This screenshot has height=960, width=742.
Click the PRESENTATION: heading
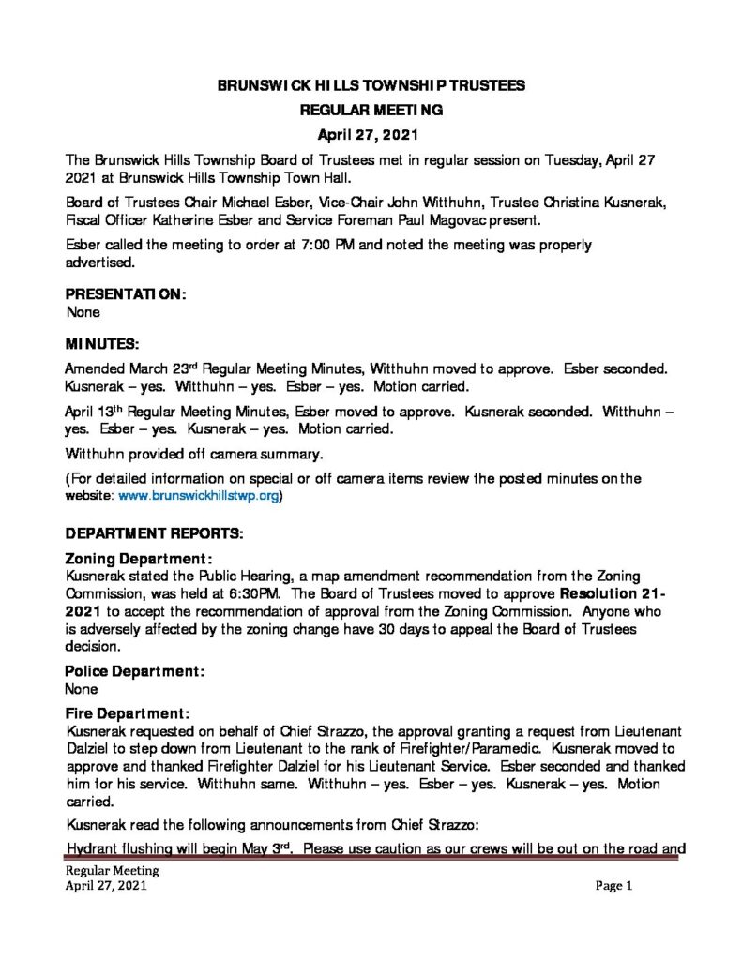pyautogui.click(x=126, y=294)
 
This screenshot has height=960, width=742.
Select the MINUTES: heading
pyautogui.click(x=102, y=346)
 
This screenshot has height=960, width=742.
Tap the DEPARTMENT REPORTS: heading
pyautogui.click(x=154, y=533)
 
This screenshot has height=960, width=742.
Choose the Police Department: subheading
pyautogui.click(x=134, y=671)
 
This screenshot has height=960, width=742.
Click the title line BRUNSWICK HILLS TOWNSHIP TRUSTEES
pyautogui.click(x=371, y=85)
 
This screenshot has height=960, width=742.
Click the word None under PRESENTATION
pyautogui.click(x=83, y=311)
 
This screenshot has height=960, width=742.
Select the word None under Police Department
pyautogui.click(x=82, y=688)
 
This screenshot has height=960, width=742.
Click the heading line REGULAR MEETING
pyautogui.click(x=371, y=110)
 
